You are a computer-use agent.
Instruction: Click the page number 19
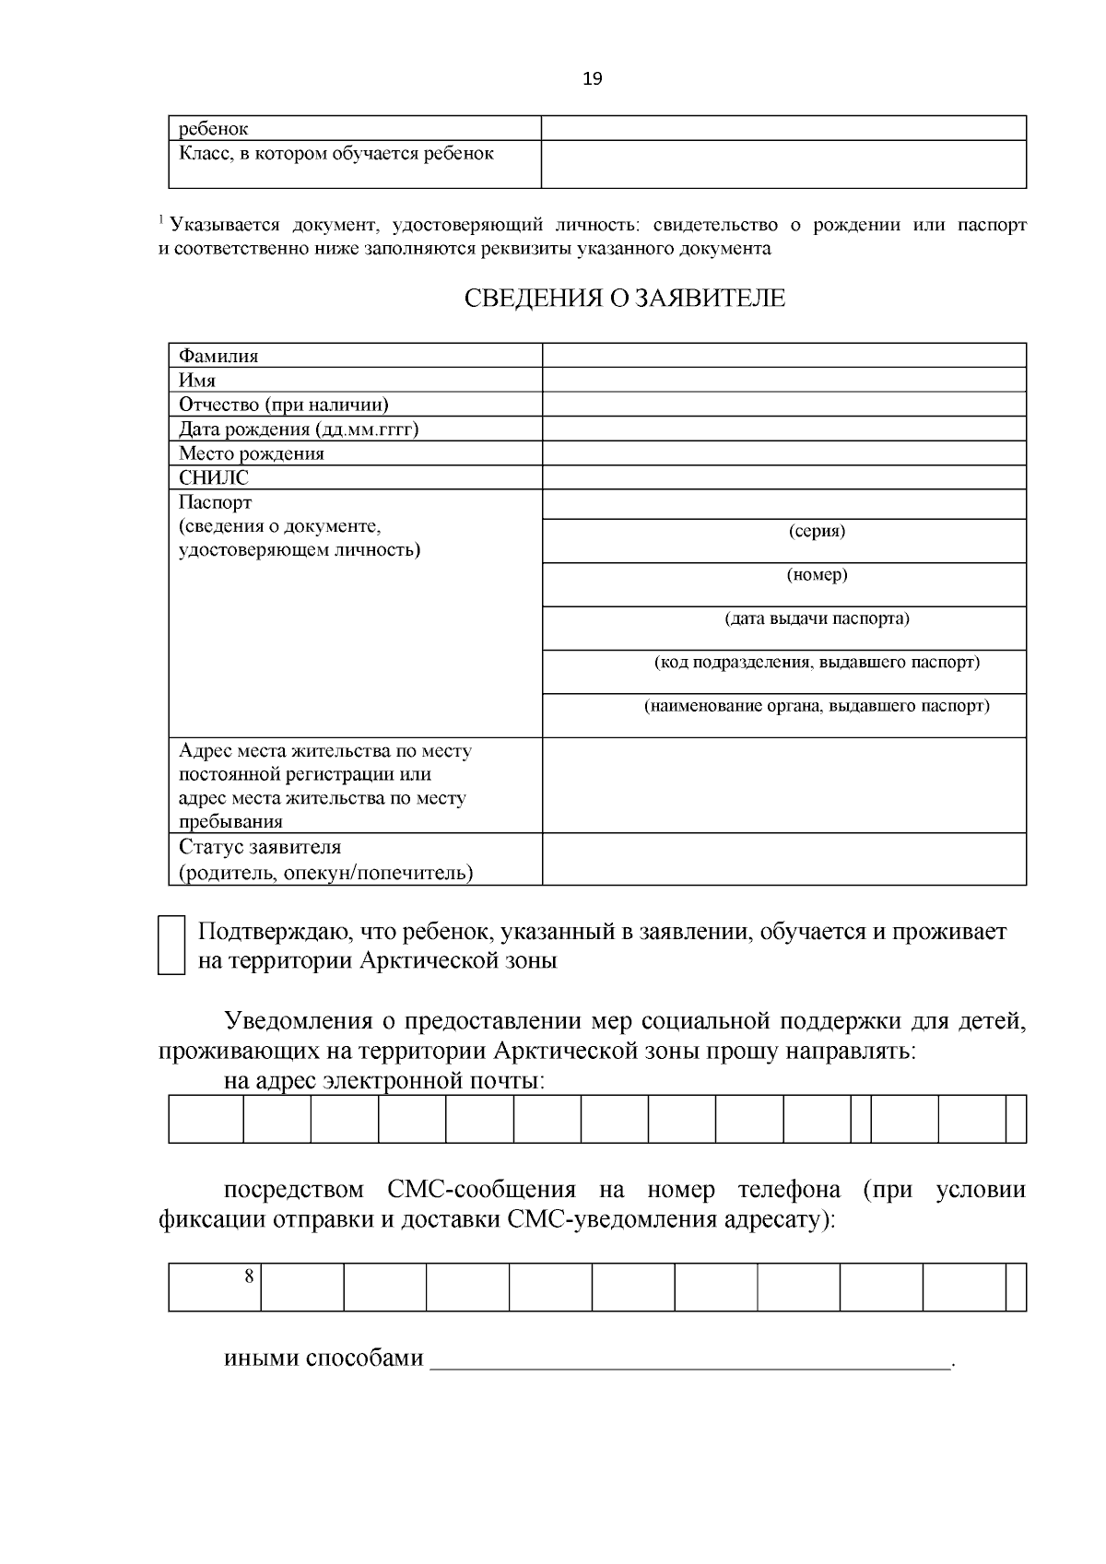coord(593,79)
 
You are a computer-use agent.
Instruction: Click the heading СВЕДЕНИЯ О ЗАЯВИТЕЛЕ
coord(624,299)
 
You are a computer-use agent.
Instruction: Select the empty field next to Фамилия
coord(783,355)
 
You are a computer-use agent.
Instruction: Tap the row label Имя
coord(197,380)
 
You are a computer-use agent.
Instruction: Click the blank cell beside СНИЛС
coord(783,477)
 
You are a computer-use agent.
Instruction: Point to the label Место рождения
coord(252,453)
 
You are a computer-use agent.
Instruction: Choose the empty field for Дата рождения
coord(783,429)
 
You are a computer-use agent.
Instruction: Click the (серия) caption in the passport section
coord(817,531)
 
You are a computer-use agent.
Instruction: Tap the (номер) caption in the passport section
coord(817,575)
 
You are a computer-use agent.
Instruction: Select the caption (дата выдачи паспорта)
coord(817,618)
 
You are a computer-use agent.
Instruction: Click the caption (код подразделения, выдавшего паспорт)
coord(817,663)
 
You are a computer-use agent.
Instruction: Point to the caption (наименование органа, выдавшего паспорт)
coord(817,707)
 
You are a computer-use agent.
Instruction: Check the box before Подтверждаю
coord(171,946)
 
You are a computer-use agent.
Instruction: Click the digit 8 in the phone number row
coord(249,1276)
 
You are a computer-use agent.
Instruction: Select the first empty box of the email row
coord(206,1119)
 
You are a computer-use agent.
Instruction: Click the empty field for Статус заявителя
coord(783,859)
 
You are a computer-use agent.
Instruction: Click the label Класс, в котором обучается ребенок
coord(336,154)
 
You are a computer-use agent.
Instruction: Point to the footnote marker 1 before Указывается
coord(161,221)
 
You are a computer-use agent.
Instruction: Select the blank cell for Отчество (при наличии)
coord(783,404)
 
